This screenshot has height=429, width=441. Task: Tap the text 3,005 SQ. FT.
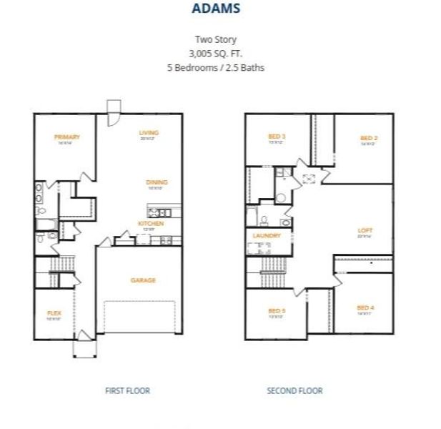(x=216, y=54)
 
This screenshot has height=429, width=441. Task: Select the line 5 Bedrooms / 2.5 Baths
(x=216, y=67)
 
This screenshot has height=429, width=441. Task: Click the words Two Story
(x=216, y=40)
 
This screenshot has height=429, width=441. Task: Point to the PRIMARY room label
(x=66, y=137)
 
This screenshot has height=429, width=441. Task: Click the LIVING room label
(x=149, y=132)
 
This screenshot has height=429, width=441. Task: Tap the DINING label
(x=157, y=182)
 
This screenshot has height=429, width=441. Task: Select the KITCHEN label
(x=151, y=223)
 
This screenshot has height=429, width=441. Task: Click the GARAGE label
(x=143, y=280)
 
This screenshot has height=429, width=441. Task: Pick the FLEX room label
(x=54, y=313)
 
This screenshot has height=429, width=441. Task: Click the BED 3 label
(x=277, y=136)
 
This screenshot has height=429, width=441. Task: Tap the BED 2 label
(x=368, y=138)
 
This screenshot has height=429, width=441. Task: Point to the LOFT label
(x=365, y=230)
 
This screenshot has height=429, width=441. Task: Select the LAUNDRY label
(x=267, y=235)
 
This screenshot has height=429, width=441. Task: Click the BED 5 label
(x=277, y=310)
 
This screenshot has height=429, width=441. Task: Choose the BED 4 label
(x=366, y=308)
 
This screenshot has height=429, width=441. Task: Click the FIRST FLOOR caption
(x=127, y=390)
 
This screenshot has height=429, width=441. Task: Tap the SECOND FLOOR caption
(x=294, y=390)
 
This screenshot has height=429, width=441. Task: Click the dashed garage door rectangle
(x=139, y=317)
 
